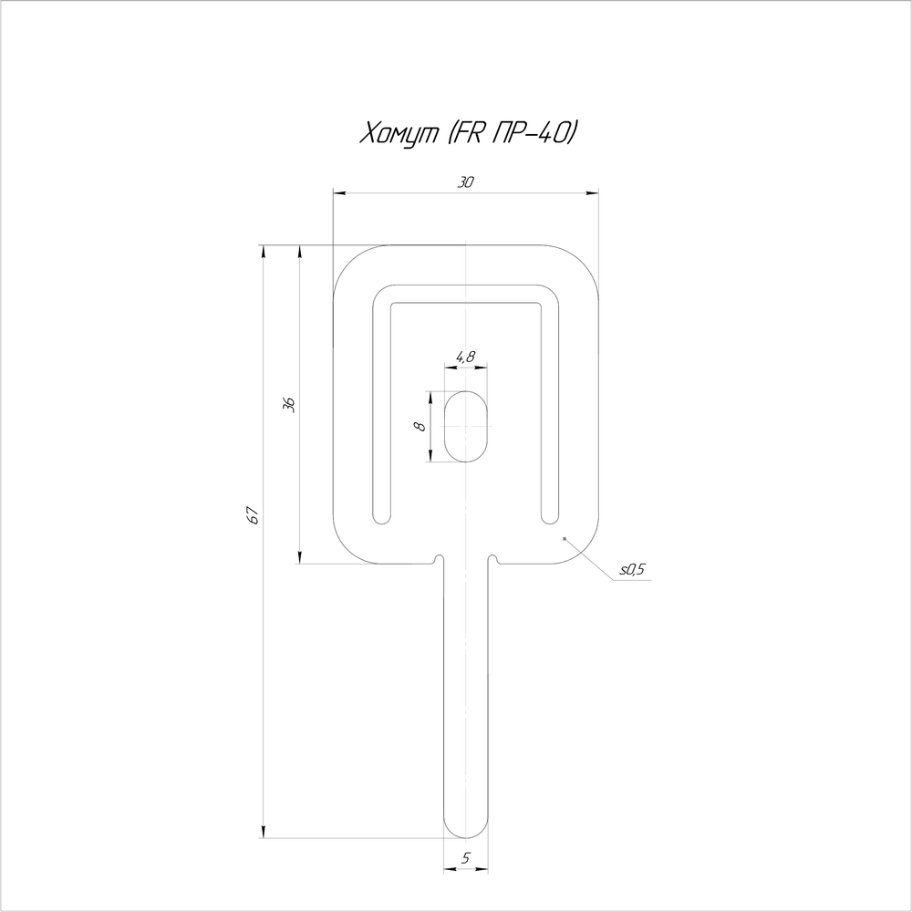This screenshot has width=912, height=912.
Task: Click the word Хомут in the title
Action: (399, 134)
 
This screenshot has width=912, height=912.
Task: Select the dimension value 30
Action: (465, 182)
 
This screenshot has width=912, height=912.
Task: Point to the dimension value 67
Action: (253, 515)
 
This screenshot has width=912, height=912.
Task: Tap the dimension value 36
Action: (289, 405)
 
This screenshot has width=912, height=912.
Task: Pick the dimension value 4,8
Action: (465, 357)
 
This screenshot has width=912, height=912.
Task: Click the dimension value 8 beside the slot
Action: (420, 426)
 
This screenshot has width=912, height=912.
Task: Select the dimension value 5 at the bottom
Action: (466, 858)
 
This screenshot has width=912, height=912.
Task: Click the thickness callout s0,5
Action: (632, 569)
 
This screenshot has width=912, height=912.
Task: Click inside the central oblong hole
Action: (466, 426)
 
